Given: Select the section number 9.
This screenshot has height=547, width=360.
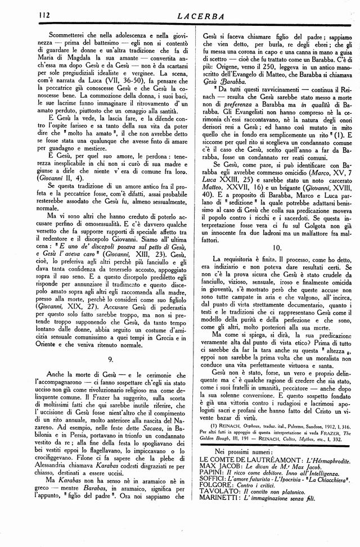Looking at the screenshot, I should click(111, 358).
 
